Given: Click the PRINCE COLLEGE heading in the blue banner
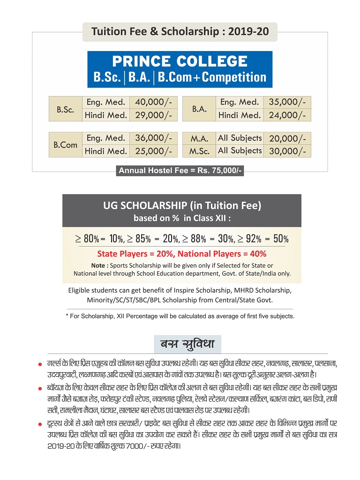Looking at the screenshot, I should tap(180, 61).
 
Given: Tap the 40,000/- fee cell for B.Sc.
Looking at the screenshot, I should tap(153, 102).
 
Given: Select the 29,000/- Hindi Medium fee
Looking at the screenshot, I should tap(153, 115).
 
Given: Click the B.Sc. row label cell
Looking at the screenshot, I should tap(65, 109).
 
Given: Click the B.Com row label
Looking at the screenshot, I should tap(65, 145).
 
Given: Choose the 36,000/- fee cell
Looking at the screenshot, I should tap(153, 138).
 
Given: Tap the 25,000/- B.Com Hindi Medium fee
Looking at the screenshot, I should tap(153, 151).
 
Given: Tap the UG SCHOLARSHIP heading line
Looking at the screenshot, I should tap(182, 205).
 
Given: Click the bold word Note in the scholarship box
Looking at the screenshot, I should tap(98, 265).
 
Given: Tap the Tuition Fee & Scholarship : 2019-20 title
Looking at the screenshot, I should tap(180, 32).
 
